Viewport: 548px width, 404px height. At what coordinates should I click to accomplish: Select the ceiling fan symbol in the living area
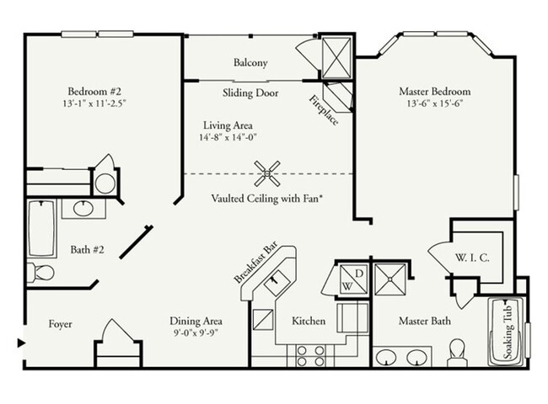click(268, 173)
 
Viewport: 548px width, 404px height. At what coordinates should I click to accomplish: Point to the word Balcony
click(250, 63)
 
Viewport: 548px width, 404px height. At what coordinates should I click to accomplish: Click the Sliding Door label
click(250, 93)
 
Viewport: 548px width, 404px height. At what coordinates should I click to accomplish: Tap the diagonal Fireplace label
click(325, 109)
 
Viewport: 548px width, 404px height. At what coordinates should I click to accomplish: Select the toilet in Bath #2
click(40, 272)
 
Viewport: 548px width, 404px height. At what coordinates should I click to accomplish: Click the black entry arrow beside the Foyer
click(20, 342)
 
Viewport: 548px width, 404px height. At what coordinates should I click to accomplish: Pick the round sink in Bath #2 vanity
click(83, 208)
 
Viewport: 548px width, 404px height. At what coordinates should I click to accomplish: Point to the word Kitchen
click(309, 321)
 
